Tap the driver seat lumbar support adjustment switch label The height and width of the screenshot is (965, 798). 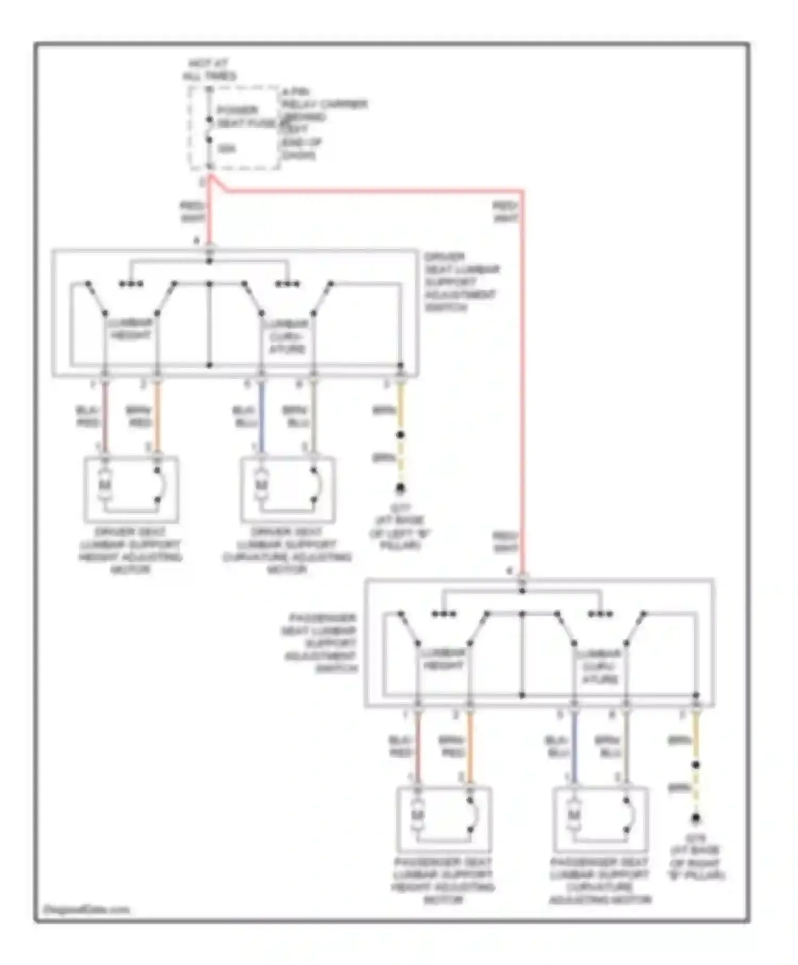(461, 282)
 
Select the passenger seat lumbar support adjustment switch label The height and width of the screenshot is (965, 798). (321, 643)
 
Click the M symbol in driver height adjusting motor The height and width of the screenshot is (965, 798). (105, 485)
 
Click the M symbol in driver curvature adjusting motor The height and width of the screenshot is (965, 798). (261, 485)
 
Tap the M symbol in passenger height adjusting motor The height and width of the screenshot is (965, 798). (418, 815)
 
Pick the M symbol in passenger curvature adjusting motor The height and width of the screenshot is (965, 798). (573, 815)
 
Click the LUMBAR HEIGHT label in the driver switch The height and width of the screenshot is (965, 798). (130, 329)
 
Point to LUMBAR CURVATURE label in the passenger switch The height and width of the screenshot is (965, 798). (600, 666)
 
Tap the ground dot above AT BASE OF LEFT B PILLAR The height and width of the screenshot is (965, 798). (400, 488)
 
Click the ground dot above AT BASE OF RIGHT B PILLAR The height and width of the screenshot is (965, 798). (695, 819)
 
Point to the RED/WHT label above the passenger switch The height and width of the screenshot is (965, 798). (505, 542)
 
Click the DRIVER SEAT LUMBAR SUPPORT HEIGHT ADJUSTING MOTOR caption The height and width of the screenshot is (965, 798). (131, 551)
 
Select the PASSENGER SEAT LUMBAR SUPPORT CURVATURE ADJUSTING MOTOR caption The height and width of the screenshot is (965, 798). (600, 880)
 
